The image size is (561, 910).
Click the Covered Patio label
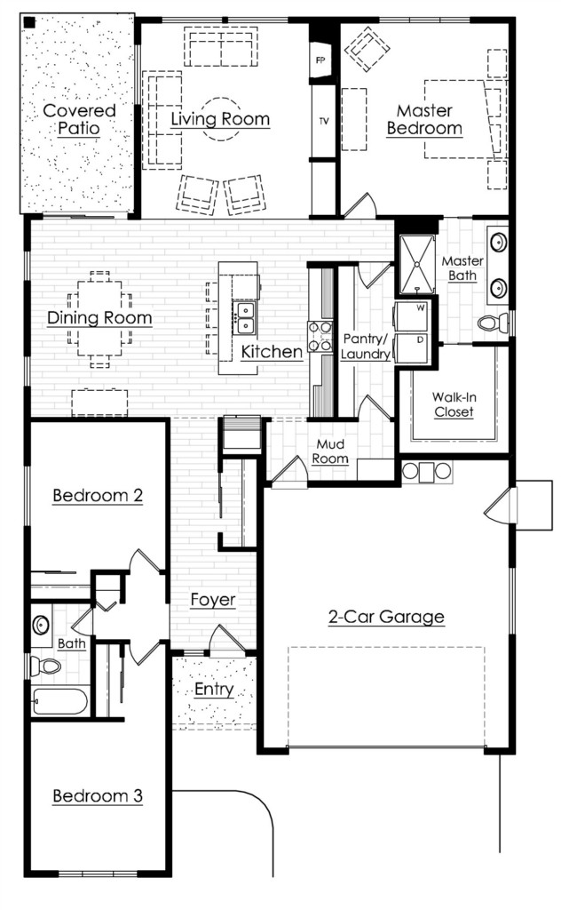pyautogui.click(x=79, y=120)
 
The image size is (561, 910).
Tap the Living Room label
pyautogui.click(x=220, y=119)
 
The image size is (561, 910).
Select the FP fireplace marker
pyautogui.click(x=320, y=60)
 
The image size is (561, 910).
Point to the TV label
pyautogui.click(x=323, y=121)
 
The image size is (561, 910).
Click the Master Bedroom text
pyautogui.click(x=425, y=120)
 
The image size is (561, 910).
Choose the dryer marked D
pyautogui.click(x=411, y=348)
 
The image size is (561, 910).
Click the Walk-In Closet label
pyautogui.click(x=454, y=404)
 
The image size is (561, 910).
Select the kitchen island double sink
pyautogui.click(x=245, y=318)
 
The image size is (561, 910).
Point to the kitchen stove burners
pyautogui.click(x=320, y=337)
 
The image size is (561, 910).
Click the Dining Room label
pyautogui.click(x=99, y=317)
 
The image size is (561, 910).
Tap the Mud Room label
pyautogui.click(x=330, y=451)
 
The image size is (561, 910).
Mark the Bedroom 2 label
pyautogui.click(x=98, y=495)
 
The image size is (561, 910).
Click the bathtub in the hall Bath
pyautogui.click(x=60, y=701)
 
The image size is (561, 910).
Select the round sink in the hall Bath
pyautogui.click(x=41, y=625)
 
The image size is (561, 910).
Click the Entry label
pyautogui.click(x=214, y=689)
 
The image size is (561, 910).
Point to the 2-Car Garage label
pyautogui.click(x=386, y=617)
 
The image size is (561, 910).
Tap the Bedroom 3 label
pyautogui.click(x=98, y=795)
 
